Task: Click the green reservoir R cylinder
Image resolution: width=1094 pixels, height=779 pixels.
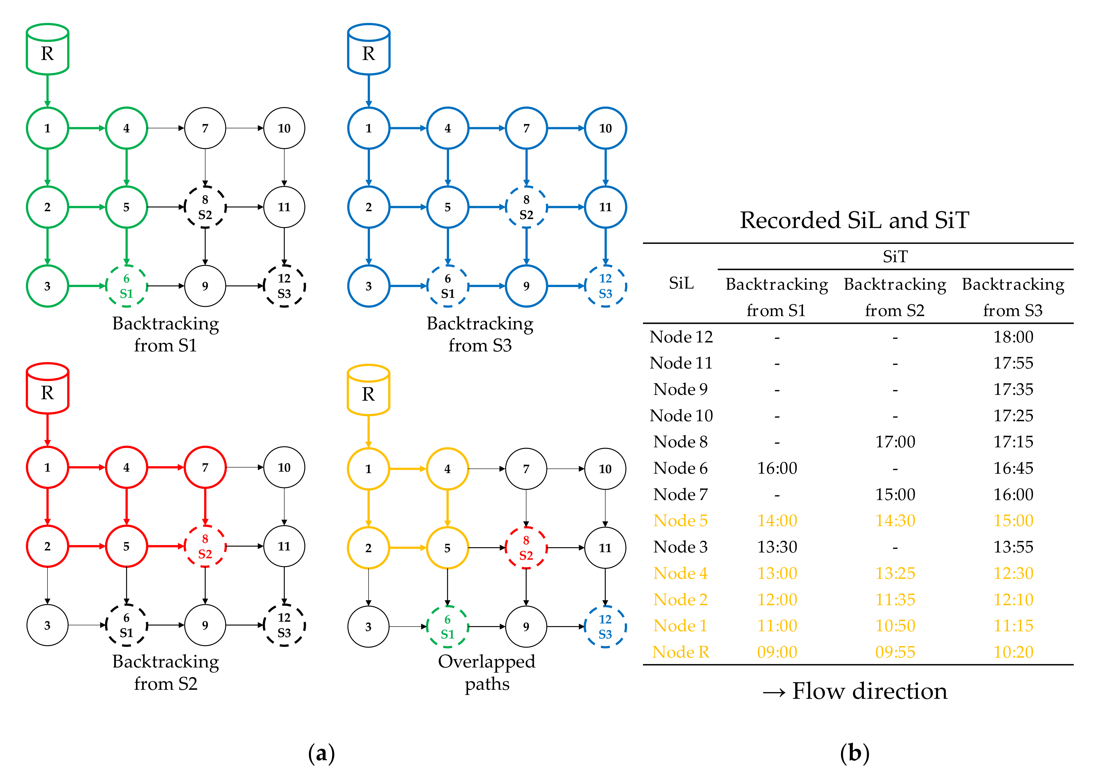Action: [47, 50]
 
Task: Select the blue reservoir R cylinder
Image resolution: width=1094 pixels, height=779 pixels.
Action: [368, 50]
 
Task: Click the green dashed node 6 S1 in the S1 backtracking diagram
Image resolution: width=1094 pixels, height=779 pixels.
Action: [127, 287]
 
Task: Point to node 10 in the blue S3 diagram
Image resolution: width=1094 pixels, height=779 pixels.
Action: [605, 128]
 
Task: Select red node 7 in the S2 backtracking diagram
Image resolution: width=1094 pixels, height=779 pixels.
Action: [205, 467]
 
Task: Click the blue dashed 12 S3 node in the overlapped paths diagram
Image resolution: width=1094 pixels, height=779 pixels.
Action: [605, 627]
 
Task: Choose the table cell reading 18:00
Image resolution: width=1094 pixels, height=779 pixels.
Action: [1013, 337]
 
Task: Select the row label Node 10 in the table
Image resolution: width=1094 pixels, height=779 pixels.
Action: [681, 415]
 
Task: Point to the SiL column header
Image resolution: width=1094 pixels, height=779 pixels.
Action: [681, 284]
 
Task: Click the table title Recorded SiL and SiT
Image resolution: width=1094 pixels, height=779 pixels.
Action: [854, 220]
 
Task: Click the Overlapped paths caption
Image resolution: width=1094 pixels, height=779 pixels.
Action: [487, 672]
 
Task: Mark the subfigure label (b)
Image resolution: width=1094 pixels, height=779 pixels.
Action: [854, 753]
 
